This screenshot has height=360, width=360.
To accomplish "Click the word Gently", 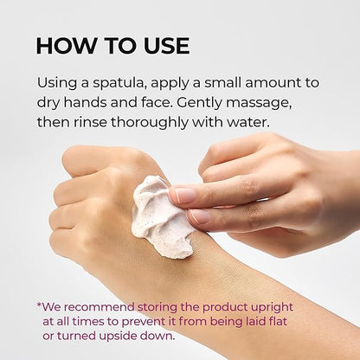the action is click(199, 103).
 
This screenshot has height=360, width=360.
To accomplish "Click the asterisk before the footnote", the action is click(39, 305).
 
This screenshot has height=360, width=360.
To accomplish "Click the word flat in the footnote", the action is click(278, 321).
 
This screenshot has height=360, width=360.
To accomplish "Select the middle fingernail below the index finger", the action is click(199, 216).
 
